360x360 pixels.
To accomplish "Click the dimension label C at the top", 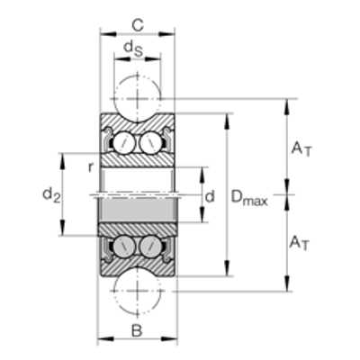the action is click(138, 25).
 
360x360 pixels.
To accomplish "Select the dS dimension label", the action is click(133, 48).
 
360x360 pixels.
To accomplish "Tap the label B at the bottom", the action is click(137, 331).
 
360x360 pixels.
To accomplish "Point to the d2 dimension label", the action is click(51, 194).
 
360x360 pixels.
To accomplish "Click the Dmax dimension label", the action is click(249, 198).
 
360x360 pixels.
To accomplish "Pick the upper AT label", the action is click(301, 149).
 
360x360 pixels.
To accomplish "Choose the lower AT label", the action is click(299, 243).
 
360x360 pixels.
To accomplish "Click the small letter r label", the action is click(90, 167).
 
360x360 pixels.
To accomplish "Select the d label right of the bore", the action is click(210, 196).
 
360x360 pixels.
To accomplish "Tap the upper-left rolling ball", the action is click(124, 142).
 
